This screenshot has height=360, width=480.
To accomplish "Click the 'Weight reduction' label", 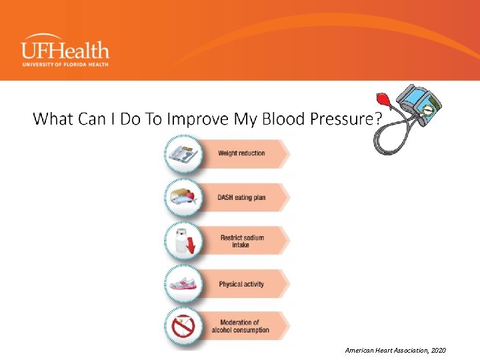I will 241,153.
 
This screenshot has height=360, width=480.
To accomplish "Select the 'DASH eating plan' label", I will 241,197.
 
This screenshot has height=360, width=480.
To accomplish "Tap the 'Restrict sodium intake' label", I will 241,241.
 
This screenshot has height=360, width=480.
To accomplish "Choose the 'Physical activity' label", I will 241,285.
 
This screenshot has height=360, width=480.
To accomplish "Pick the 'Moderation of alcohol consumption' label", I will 241,327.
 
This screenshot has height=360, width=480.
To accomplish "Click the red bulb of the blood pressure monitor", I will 385,99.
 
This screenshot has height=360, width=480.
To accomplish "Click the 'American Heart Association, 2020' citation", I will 395,351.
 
